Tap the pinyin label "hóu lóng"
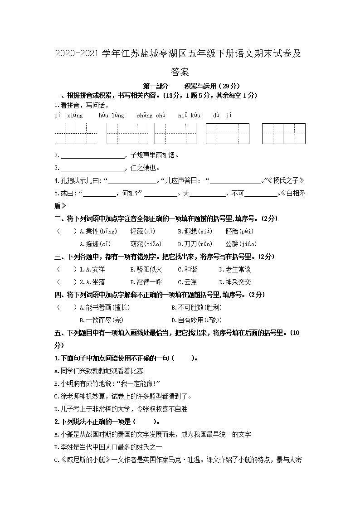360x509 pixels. tap(111, 116)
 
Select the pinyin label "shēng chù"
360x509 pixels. tap(151, 116)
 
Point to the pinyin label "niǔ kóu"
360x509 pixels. tap(189, 116)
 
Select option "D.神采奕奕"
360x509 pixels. tap(235, 282)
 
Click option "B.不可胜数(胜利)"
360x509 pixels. tap(196, 308)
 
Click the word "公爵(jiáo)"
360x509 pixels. tap(241, 244)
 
